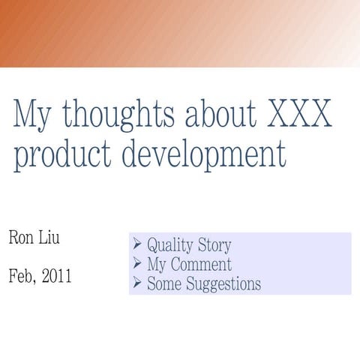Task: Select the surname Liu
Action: pyautogui.click(x=49, y=238)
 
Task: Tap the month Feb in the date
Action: pyautogui.click(x=22, y=276)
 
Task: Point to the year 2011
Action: pyautogui.click(x=57, y=276)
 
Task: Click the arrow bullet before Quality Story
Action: pyautogui.click(x=137, y=244)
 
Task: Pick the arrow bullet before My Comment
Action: pyautogui.click(x=137, y=264)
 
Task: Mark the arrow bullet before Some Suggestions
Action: pyautogui.click(x=137, y=283)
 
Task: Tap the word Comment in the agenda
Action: pyautogui.click(x=201, y=265)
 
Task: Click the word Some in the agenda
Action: pyautogui.click(x=161, y=284)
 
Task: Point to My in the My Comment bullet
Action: pyautogui.click(x=157, y=265)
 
